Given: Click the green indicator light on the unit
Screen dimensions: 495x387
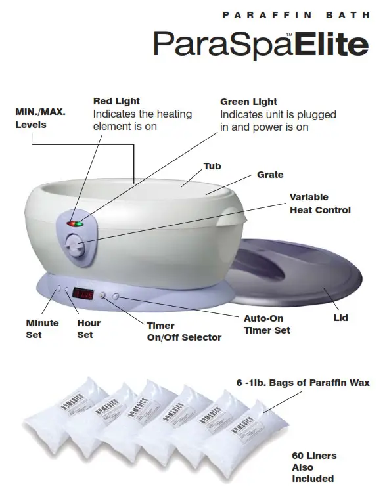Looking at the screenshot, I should coord(79,224).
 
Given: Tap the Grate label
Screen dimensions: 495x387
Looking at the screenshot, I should coord(270,175).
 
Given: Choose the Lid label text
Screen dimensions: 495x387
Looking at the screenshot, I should coord(340,318).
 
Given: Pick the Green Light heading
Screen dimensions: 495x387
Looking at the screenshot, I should coord(248,102).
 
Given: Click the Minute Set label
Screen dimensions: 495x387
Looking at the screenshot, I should coord(42,329).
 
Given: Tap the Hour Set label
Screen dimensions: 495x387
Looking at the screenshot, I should coord(89,329).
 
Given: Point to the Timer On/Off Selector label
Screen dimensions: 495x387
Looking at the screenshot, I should coord(184,332).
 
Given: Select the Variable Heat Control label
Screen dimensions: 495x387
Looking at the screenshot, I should coord(319,204).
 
